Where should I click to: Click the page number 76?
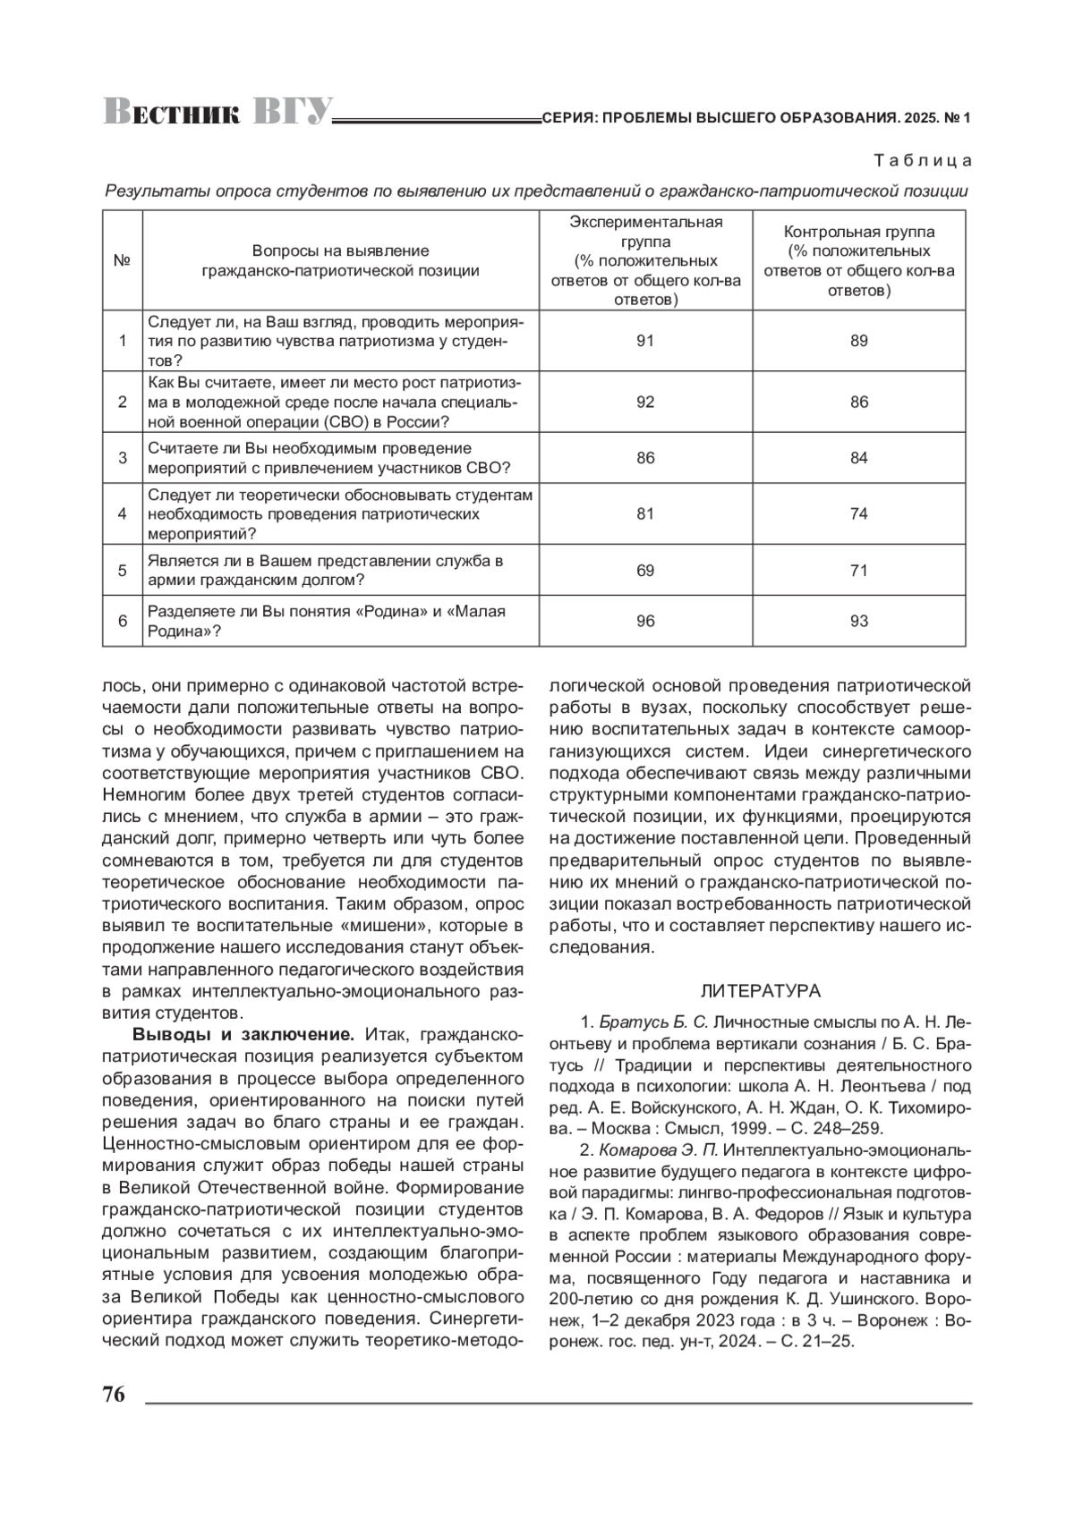[x=114, y=1395]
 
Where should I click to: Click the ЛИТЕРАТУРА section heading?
[x=760, y=991]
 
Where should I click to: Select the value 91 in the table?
[x=645, y=341]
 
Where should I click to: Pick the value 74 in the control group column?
[x=859, y=513]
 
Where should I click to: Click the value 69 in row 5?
[x=645, y=570]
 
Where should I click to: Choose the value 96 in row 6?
[x=645, y=621]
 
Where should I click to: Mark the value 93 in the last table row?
[x=859, y=621]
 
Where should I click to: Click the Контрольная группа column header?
[x=859, y=260]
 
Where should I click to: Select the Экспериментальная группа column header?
[x=645, y=260]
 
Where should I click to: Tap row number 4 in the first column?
[x=123, y=513]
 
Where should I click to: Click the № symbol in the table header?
[x=123, y=260]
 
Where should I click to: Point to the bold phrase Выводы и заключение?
[x=244, y=1035]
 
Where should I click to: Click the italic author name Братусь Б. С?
[x=653, y=1022]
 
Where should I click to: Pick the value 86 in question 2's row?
[x=859, y=402]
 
